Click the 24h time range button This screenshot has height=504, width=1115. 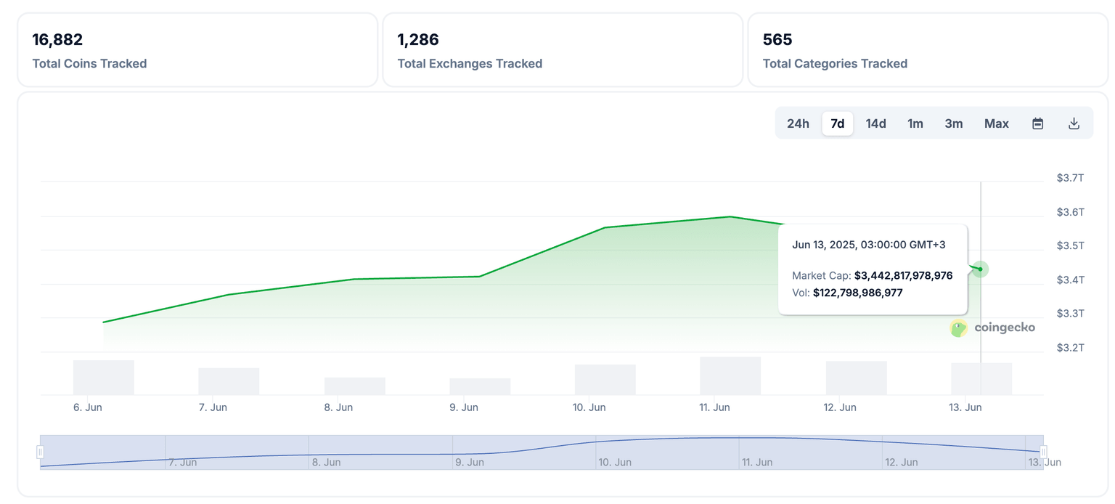pyautogui.click(x=798, y=123)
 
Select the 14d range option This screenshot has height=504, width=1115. pyautogui.click(x=875, y=123)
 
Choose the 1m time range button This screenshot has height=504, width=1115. pyautogui.click(x=915, y=123)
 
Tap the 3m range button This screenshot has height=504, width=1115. pyautogui.click(x=953, y=123)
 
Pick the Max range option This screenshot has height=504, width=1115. pyautogui.click(x=996, y=123)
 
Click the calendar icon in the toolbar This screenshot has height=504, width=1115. pyautogui.click(x=1037, y=123)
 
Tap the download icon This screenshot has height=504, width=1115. pyautogui.click(x=1074, y=123)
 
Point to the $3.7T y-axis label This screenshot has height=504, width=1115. pyautogui.click(x=1070, y=178)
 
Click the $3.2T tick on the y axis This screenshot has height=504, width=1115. pyautogui.click(x=1070, y=348)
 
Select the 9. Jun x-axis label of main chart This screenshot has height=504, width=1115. pyautogui.click(x=464, y=407)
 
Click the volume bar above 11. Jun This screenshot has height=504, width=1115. pyautogui.click(x=730, y=375)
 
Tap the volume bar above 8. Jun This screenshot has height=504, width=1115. pyautogui.click(x=355, y=386)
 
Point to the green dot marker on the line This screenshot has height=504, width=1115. pyautogui.click(x=980, y=269)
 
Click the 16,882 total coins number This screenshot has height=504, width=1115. pyautogui.click(x=57, y=39)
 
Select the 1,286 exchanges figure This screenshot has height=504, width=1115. pyautogui.click(x=418, y=39)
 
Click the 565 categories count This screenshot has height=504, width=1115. pyautogui.click(x=777, y=39)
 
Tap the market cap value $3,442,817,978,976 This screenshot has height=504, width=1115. pyautogui.click(x=903, y=276)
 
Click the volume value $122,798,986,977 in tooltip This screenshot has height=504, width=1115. pyautogui.click(x=857, y=293)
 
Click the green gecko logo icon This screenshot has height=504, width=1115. pyautogui.click(x=959, y=328)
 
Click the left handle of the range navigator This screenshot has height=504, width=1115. pyautogui.click(x=40, y=452)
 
